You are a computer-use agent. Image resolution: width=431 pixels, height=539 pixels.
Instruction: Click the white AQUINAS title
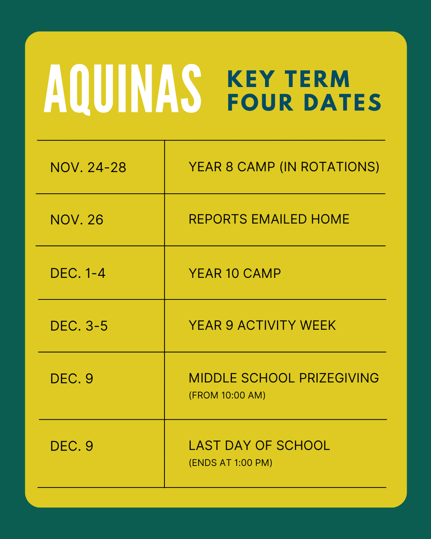(x=123, y=89)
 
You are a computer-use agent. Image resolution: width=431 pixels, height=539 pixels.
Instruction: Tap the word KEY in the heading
(x=251, y=79)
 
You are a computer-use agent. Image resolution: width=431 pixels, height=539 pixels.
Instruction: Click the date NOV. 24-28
(x=88, y=167)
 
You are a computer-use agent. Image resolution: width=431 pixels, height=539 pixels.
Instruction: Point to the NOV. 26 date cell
(x=77, y=220)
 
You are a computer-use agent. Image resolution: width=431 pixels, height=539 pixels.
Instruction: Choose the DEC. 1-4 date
(x=78, y=273)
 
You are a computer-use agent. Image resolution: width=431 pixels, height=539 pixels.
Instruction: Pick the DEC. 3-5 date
(x=79, y=326)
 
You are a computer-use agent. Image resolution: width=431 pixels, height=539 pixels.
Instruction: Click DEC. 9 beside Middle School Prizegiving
(x=72, y=379)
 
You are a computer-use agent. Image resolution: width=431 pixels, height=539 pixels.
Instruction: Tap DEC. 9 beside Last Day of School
(x=72, y=446)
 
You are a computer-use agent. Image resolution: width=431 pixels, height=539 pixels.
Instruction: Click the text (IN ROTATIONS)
(x=329, y=167)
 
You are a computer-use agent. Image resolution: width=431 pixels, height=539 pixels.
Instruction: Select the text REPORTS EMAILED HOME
(x=269, y=219)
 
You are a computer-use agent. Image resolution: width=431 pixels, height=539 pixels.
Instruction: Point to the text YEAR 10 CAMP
(x=235, y=273)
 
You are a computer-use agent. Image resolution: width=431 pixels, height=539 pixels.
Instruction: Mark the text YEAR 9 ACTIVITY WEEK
(x=262, y=325)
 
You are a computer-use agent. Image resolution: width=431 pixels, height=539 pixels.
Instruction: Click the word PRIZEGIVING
(x=339, y=378)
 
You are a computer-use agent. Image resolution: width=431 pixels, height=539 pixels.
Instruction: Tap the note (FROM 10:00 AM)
(x=227, y=395)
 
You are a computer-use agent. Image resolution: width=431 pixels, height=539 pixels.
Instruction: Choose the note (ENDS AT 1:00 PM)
(x=231, y=463)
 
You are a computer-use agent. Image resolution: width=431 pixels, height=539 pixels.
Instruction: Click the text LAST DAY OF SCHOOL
(x=259, y=445)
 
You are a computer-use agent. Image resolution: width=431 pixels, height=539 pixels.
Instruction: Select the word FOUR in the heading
(x=260, y=102)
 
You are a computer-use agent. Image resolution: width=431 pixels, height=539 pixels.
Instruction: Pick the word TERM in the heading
(x=317, y=79)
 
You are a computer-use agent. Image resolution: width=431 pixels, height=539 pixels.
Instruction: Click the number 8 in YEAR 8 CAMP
(x=230, y=167)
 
